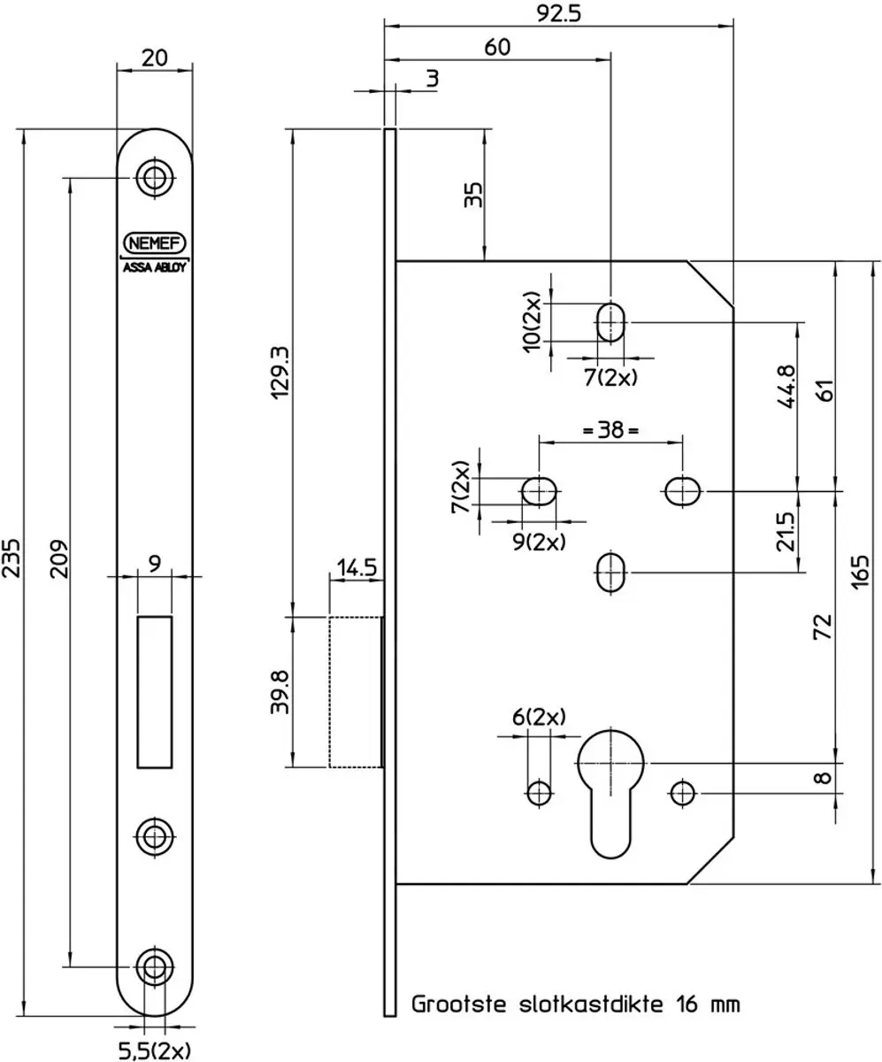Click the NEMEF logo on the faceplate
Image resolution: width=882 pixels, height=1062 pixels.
[x=155, y=242]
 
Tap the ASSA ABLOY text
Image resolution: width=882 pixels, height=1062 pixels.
[x=155, y=267]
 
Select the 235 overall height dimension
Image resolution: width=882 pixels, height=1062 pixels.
[x=12, y=558]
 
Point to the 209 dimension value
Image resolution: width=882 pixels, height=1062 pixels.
[x=58, y=558]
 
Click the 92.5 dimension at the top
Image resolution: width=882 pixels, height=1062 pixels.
[x=559, y=14]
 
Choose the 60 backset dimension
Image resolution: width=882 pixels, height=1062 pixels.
[x=496, y=47]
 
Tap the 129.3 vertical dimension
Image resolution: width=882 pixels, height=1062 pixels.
[x=280, y=373]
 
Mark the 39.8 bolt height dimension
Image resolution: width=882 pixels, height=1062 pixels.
[x=280, y=692]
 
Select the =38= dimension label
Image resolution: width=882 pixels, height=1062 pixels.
[x=610, y=430]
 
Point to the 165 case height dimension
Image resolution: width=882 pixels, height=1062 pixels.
[x=860, y=573]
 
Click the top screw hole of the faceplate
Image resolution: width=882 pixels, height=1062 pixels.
[x=155, y=178]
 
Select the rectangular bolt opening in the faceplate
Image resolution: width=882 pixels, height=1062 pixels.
[x=155, y=692]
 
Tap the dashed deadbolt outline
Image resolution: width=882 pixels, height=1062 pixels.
[x=356, y=692]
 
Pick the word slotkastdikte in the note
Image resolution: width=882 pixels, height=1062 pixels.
[x=591, y=1004]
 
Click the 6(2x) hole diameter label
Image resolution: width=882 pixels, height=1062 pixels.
[x=539, y=717]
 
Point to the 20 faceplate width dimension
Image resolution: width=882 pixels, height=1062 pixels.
[x=155, y=58]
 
